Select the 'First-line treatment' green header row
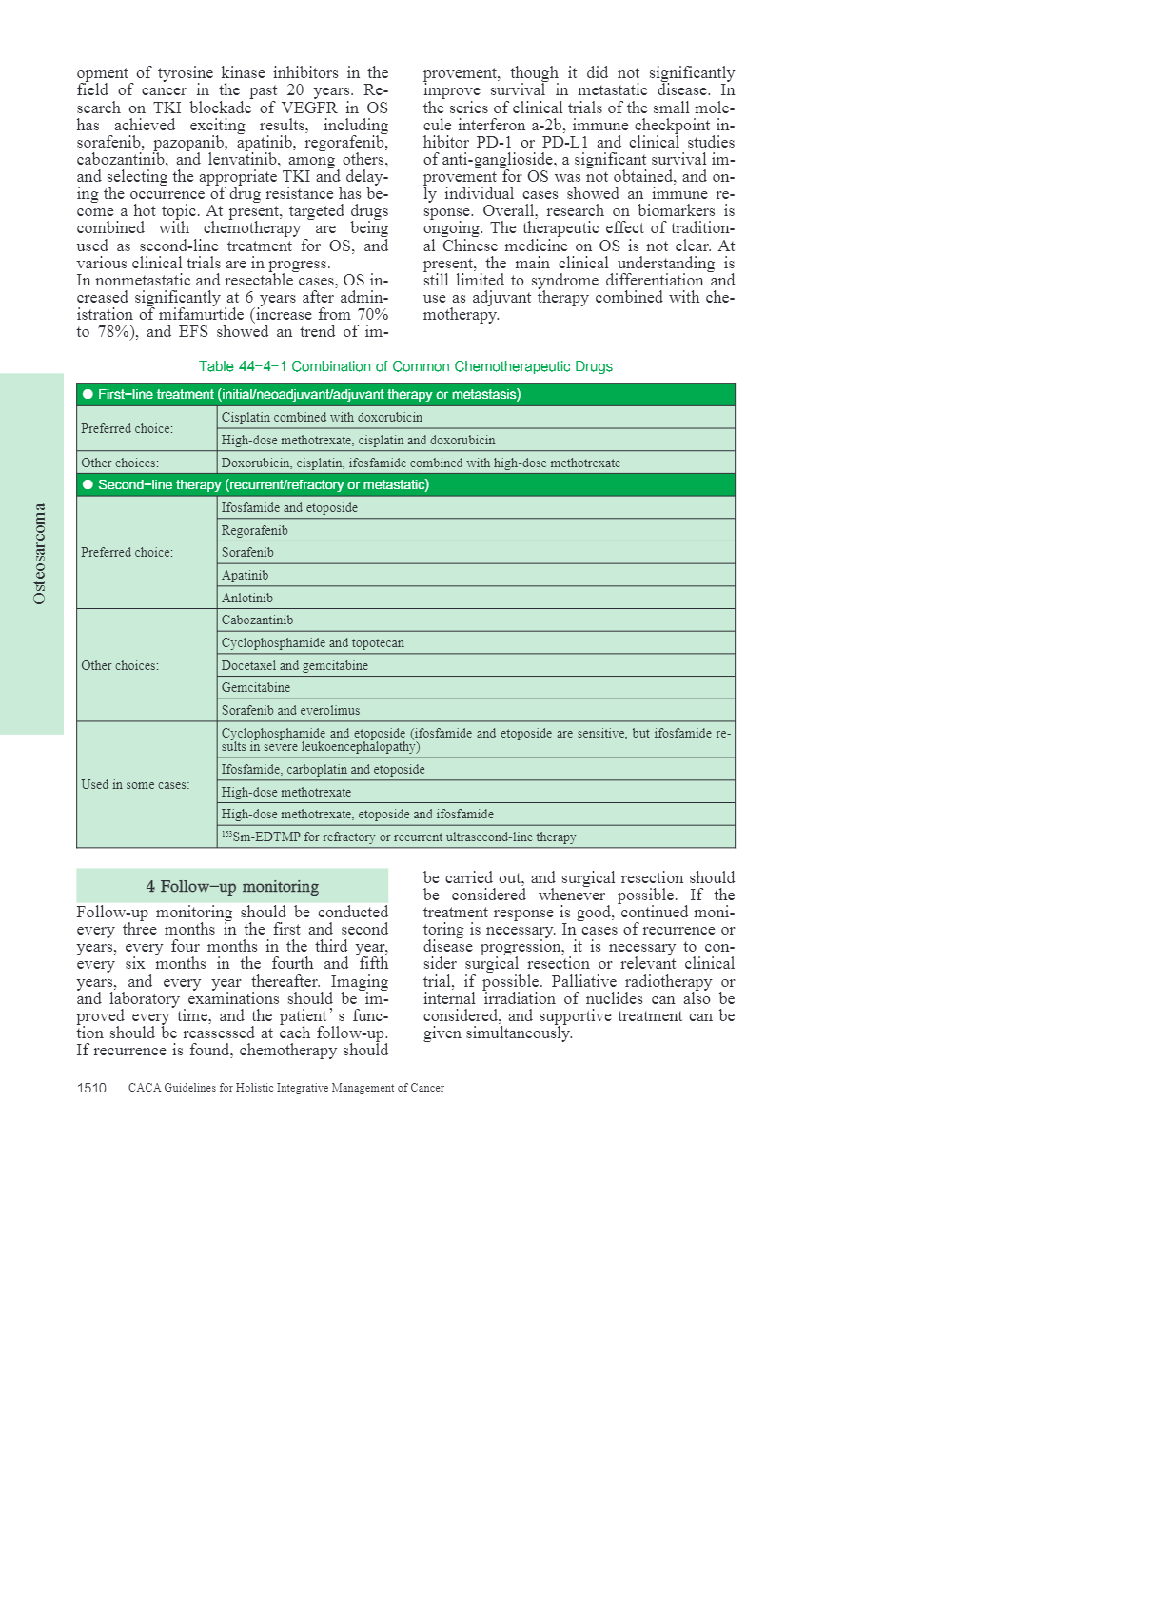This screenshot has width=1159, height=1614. pos(405,394)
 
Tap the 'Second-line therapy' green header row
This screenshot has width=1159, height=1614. pos(405,484)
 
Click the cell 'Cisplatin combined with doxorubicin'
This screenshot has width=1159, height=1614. pos(322,417)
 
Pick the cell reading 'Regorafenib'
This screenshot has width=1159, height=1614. pos(254,530)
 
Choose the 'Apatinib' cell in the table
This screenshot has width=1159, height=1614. pos(245,575)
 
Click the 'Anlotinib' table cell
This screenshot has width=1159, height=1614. pos(246,598)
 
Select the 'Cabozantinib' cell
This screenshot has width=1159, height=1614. pos(257,620)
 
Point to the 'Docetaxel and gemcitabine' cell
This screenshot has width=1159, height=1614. pos(294,665)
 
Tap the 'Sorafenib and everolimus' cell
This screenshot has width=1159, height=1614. pos(290,710)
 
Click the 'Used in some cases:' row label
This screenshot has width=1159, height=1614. pos(135,784)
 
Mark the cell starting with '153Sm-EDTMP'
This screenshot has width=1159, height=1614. pos(399,837)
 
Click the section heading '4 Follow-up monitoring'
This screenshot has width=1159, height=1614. pos(232,886)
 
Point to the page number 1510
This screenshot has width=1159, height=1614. pos(91,1088)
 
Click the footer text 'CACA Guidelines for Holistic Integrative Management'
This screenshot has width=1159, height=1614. pos(285,1088)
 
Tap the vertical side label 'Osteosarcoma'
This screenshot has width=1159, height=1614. pos(39,554)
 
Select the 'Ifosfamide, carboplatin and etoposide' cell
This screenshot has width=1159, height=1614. pos(323,769)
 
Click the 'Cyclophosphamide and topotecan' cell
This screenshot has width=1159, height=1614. pos(312,642)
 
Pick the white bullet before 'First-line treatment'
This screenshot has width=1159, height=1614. pos(88,394)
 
